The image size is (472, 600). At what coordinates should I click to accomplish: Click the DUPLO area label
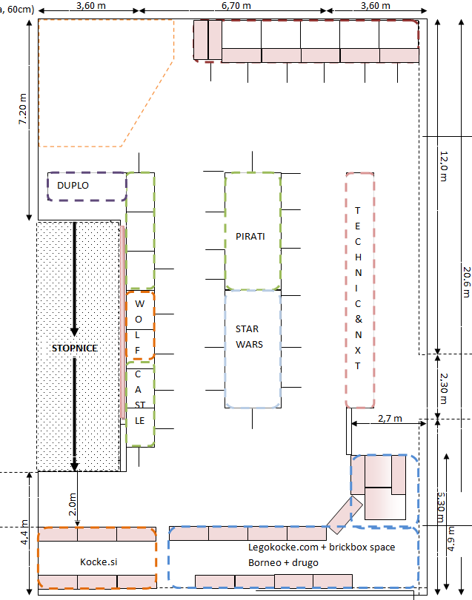(73, 185)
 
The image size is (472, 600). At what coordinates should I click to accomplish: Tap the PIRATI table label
(250, 236)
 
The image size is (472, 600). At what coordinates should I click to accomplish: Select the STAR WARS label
(249, 337)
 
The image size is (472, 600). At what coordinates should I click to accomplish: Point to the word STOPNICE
(75, 348)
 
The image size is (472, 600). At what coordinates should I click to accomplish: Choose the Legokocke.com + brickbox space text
(322, 547)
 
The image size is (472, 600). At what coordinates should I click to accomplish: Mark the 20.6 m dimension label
(465, 281)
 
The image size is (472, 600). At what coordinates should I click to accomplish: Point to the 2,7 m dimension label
(388, 418)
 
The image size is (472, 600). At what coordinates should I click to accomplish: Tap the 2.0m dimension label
(73, 503)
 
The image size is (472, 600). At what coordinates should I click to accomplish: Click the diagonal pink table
(345, 510)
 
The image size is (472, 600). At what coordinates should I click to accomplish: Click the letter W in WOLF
(139, 304)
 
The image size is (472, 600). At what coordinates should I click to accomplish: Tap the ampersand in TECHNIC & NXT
(358, 320)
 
